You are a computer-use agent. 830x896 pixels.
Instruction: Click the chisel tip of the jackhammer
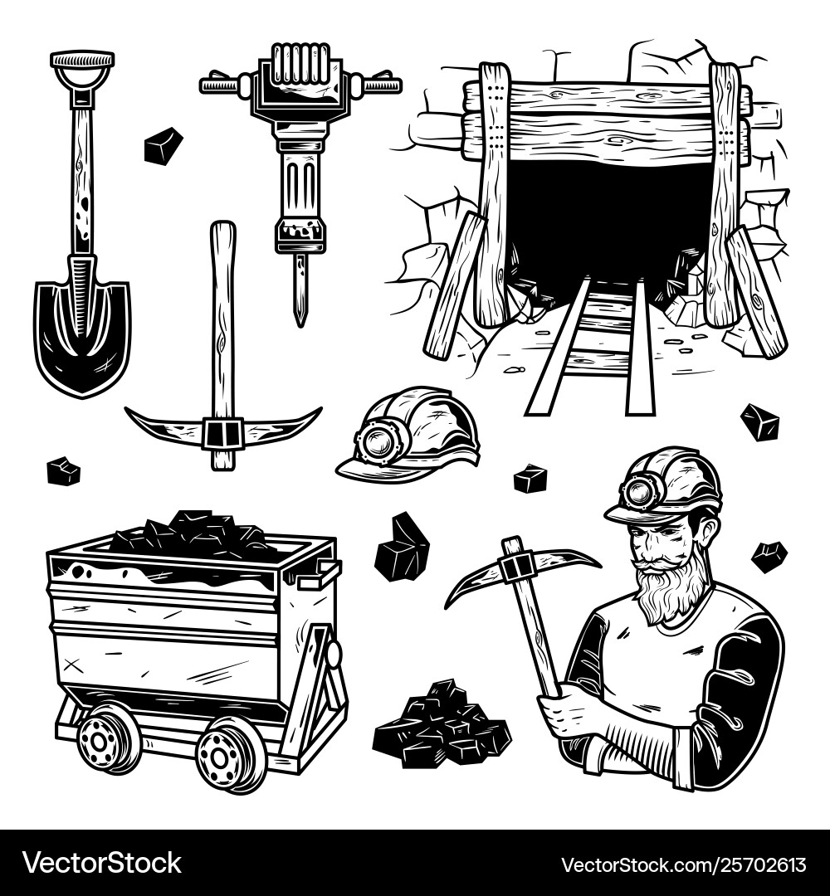300,299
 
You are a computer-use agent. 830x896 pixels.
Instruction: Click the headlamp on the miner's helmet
639,494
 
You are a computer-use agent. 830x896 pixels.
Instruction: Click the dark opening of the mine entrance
610,220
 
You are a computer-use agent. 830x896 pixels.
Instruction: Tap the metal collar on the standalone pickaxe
222,433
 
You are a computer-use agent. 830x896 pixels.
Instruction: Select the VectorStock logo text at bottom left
101,863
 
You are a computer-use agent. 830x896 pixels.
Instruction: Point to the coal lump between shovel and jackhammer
163,146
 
